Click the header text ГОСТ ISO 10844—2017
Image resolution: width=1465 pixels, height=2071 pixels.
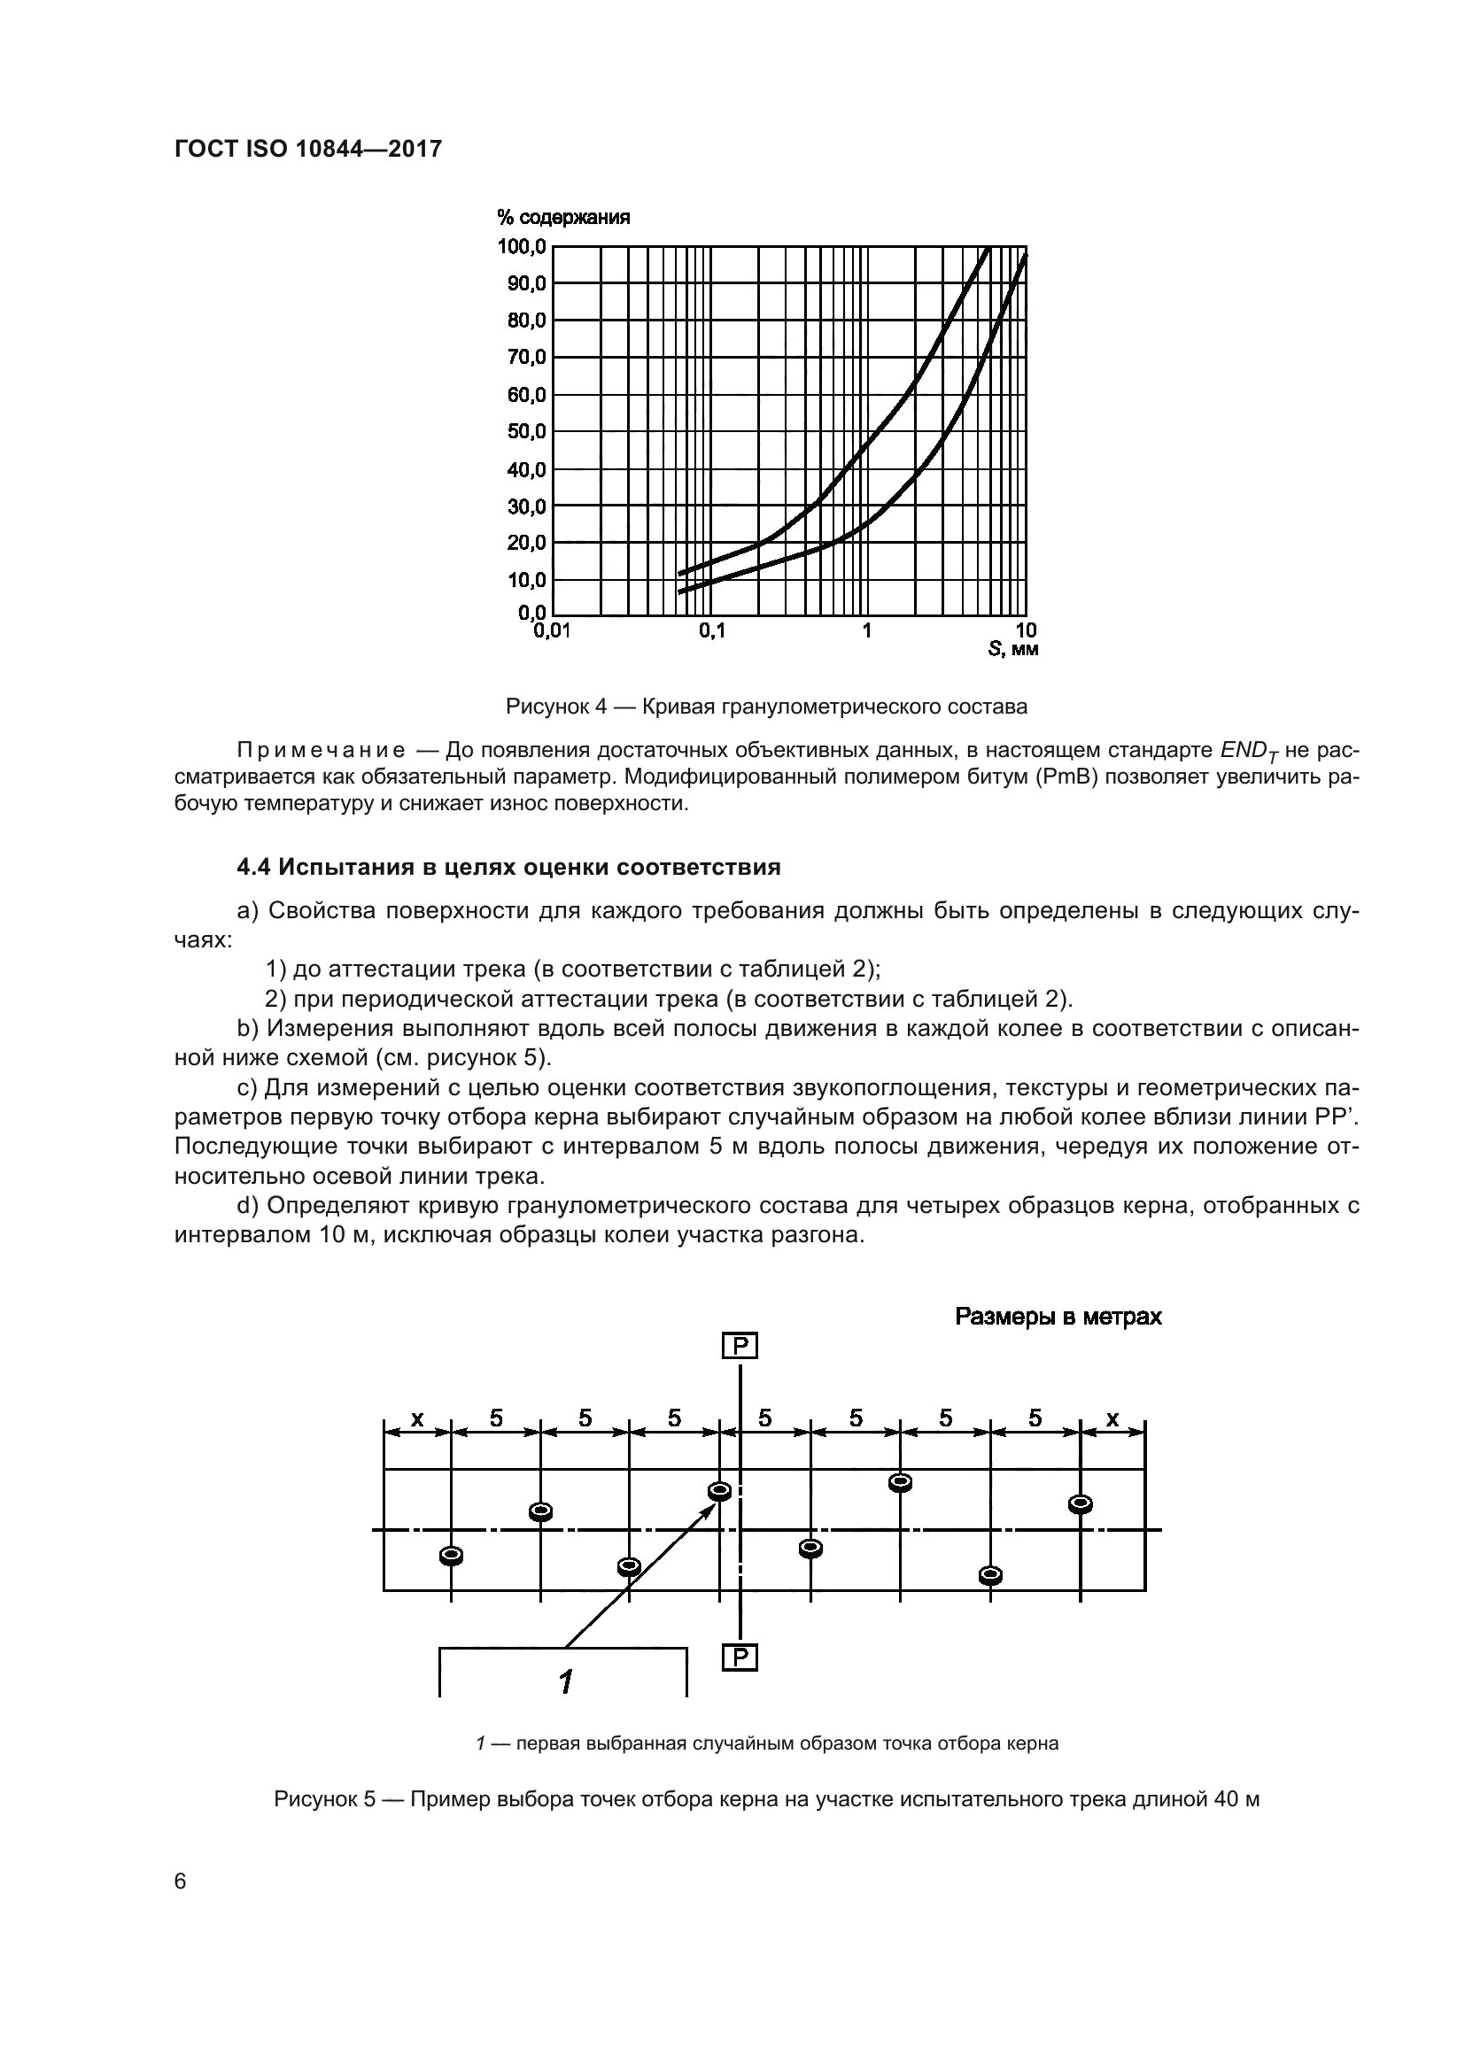(x=307, y=149)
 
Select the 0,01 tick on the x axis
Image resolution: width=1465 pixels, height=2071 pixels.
(x=552, y=631)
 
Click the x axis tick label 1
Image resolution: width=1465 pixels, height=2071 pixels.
(x=867, y=631)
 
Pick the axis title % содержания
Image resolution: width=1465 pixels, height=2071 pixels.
(x=563, y=218)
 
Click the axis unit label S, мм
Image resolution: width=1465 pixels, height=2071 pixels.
(x=1013, y=649)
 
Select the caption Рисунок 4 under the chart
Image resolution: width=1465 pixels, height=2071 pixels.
(x=766, y=707)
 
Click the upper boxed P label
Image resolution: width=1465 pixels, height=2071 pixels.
(x=740, y=1347)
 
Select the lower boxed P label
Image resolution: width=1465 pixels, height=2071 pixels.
(x=740, y=1658)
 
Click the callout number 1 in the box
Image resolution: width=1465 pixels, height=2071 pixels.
(x=566, y=1681)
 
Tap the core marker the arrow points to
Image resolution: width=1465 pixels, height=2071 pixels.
(x=720, y=1491)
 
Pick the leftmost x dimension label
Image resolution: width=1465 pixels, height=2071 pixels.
(x=417, y=1418)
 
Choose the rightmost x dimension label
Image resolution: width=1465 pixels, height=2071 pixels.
(x=1112, y=1418)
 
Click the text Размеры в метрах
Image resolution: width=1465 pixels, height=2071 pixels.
(x=1058, y=1317)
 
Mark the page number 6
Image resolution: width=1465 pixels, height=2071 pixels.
(x=181, y=1882)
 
